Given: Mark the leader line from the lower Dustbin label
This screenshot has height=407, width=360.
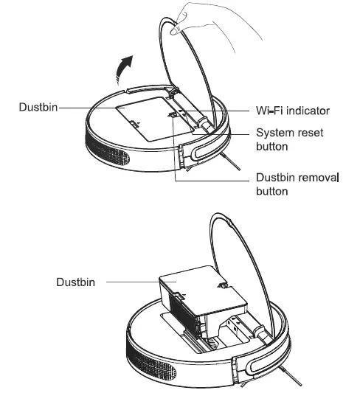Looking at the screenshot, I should pos(133,282).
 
